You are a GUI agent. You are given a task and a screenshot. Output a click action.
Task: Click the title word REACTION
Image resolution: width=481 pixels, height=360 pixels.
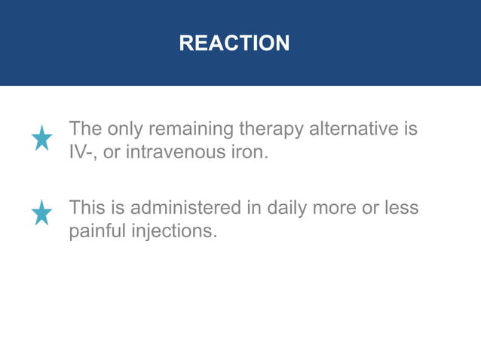[234, 44]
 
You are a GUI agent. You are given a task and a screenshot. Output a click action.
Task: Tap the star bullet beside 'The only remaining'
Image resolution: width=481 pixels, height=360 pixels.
[42, 138]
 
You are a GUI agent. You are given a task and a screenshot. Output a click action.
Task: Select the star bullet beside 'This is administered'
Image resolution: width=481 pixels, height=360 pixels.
[42, 213]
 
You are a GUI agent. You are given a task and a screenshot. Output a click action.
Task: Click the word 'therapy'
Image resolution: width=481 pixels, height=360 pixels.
[268, 130]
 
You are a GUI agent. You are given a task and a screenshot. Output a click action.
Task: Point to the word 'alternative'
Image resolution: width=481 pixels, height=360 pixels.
[353, 129]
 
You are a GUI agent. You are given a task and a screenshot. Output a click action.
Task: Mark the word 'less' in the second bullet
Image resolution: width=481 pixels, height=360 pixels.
[402, 207]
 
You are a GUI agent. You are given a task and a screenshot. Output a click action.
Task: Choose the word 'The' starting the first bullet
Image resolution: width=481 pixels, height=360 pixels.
[85, 129]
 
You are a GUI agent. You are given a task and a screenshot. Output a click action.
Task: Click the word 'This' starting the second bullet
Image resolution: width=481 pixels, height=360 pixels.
[87, 207]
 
